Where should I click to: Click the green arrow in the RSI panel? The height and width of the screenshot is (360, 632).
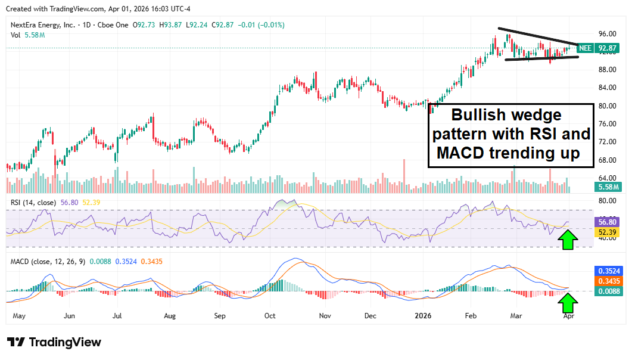coord(568,240)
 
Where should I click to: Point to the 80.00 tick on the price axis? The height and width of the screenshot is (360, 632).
coord(606,106)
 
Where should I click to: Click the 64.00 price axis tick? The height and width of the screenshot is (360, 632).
coord(606,178)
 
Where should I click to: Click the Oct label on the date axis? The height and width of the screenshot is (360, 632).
coord(270,316)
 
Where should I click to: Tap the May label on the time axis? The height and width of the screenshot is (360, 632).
coord(20,316)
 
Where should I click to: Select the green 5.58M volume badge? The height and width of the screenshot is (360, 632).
coord(608,187)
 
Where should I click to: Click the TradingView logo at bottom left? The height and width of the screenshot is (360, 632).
coord(54,342)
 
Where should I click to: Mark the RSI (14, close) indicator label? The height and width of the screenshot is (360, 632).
coord(33,203)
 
